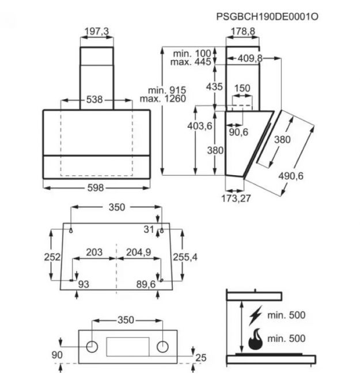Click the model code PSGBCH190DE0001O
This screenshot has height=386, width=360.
pos(267,17)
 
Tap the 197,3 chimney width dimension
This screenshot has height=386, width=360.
pos(97,31)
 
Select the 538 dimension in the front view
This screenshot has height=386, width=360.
pos(94,100)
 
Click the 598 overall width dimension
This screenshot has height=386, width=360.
pos(96,188)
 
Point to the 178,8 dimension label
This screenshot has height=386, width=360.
pos(243,31)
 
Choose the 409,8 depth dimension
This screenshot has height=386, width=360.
pos(250,58)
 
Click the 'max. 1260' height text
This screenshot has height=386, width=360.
pos(163,99)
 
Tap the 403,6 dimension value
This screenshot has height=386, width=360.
pos(199,126)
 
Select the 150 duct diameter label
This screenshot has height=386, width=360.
pos(242,88)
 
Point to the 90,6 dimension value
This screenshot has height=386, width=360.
pos(238,132)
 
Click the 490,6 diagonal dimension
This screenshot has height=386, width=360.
pos(291,176)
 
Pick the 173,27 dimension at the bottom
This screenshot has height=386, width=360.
pos(236,198)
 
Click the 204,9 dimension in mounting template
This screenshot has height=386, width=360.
pos(139,252)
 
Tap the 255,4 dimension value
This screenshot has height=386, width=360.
pos(185,257)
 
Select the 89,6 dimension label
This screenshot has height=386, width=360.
pos(146,285)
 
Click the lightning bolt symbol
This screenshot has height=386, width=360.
pos(255,315)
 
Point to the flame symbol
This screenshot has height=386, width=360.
pos(255,339)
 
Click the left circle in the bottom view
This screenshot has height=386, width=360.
pos(92,347)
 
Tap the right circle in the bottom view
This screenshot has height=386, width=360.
pos(162,347)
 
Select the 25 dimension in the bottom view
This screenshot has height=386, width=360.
pos(201,357)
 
